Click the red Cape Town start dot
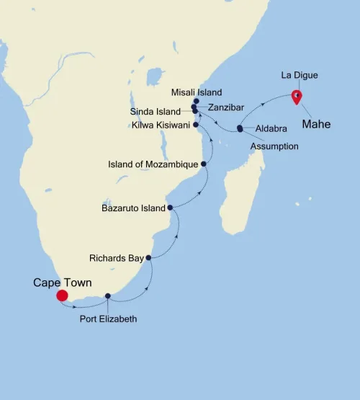point(62,295)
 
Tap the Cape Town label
point(63,283)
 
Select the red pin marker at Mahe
point(296,97)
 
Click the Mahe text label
point(316,124)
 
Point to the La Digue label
point(299,75)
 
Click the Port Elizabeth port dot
point(108,296)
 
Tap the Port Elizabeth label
point(108,318)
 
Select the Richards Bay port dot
point(148,257)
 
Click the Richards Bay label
point(116,257)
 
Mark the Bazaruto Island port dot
point(170,208)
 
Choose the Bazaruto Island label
point(133,208)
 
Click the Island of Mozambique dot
point(204,164)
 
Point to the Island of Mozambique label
point(153,164)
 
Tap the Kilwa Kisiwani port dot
point(196,125)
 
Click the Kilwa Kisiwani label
point(160,125)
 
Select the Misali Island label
point(196,92)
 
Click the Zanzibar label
point(225,107)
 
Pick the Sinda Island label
point(156,112)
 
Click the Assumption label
point(274,146)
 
